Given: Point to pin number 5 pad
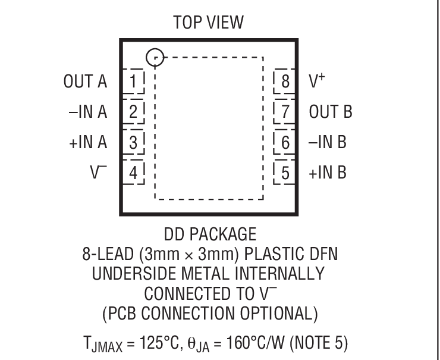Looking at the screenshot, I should [285, 173].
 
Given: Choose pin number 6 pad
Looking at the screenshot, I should [285, 142].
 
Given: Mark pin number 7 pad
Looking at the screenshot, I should [285, 111].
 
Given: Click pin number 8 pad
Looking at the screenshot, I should [285, 80].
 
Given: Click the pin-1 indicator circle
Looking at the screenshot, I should [155, 57].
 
